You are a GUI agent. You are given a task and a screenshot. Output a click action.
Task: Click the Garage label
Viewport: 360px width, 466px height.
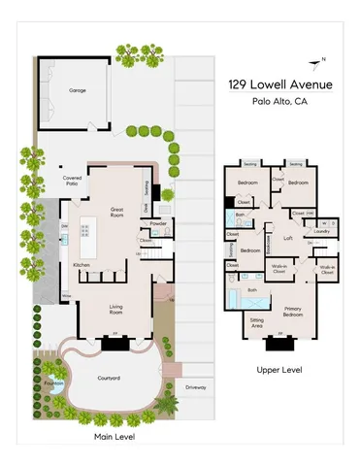[77, 90]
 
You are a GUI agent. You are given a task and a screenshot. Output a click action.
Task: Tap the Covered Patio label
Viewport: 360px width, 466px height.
[71, 181]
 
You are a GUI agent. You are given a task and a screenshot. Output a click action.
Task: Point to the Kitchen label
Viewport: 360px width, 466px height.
[82, 265]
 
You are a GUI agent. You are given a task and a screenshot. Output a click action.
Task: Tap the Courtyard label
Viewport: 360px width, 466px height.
[109, 379]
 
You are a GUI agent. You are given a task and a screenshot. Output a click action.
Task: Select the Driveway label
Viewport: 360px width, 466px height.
[198, 386]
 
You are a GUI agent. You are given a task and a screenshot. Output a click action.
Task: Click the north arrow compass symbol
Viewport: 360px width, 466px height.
[317, 62]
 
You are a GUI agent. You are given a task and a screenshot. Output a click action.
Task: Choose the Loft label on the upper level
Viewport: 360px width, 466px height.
[287, 238]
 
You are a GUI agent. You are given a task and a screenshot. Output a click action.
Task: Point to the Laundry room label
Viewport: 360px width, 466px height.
[322, 231]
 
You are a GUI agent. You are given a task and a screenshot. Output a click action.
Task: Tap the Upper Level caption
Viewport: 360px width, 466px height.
[278, 370]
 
